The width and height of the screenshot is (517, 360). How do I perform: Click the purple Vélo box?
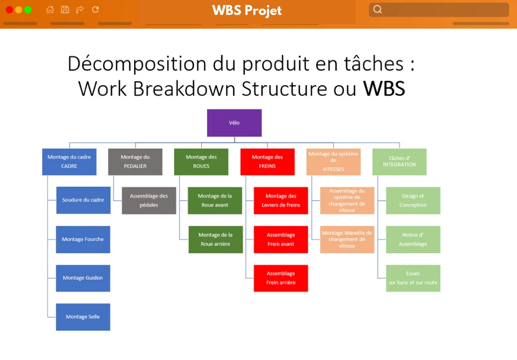234,123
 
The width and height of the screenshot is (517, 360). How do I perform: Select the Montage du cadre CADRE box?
69,161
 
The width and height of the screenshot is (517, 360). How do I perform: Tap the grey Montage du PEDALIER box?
135,161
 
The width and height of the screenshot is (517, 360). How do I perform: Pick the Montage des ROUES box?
201,161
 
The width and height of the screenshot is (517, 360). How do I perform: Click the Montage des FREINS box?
267,161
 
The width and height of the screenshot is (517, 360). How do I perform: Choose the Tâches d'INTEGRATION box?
399,161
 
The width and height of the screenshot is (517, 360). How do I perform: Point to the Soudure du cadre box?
83,200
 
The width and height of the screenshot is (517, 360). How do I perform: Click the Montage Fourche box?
83,239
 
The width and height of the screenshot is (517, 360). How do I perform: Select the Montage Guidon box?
83,278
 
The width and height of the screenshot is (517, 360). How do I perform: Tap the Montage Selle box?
83,317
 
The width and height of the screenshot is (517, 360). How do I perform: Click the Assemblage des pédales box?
149,200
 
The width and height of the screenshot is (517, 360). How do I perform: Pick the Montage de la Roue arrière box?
215,239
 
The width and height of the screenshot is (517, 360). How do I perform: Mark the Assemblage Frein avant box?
281,239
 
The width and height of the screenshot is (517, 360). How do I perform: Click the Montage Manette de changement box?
347,239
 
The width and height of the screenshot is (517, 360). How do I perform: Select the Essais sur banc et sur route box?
413,278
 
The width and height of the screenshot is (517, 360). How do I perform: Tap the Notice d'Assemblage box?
413,239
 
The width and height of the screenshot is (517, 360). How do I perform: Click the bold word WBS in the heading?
384,88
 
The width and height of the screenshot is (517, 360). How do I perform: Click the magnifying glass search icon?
377,9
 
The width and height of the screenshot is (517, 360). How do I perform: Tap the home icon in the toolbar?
50,9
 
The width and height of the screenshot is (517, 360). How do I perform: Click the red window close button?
9,9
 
